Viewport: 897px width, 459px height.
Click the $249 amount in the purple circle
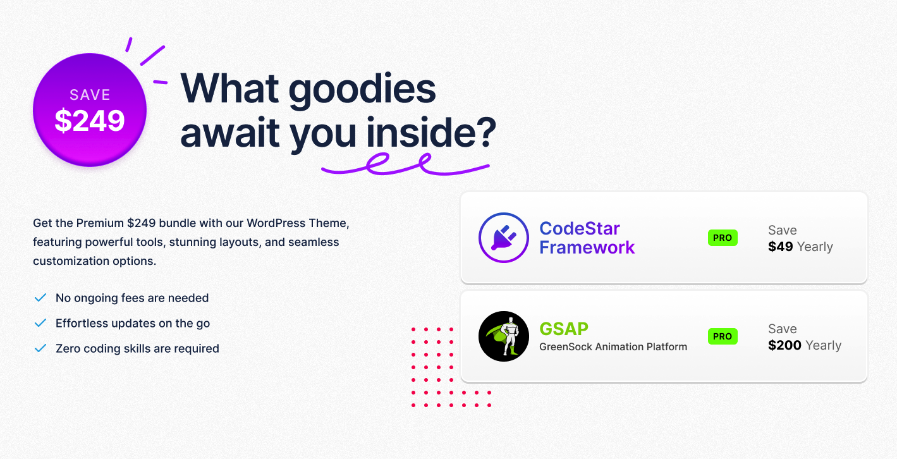[x=90, y=121]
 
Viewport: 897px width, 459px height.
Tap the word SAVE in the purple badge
[x=90, y=95]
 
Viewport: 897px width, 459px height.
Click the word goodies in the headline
[x=362, y=90]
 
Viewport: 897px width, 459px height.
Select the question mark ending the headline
[x=485, y=132]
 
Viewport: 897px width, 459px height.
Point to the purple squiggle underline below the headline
[x=405, y=164]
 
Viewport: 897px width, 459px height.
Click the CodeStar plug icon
[x=504, y=238]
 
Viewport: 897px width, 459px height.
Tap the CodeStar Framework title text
[x=587, y=238]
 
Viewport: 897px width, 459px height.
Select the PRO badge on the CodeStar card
[x=723, y=238]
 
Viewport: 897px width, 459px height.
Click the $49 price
[x=781, y=247]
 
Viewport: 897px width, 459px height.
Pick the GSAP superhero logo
[x=504, y=336]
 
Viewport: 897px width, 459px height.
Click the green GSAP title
[x=564, y=329]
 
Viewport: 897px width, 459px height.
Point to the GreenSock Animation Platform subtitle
[x=613, y=347]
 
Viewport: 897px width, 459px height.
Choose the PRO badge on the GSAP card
[x=723, y=336]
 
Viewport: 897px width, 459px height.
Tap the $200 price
[x=784, y=345]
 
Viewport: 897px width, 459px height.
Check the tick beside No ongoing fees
[x=40, y=298]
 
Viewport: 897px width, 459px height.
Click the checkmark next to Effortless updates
[x=40, y=323]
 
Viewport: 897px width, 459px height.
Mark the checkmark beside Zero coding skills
[x=40, y=348]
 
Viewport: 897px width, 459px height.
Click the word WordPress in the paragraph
[x=271, y=223]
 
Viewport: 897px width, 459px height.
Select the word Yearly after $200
[x=823, y=346]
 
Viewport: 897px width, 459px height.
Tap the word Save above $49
[x=783, y=230]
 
